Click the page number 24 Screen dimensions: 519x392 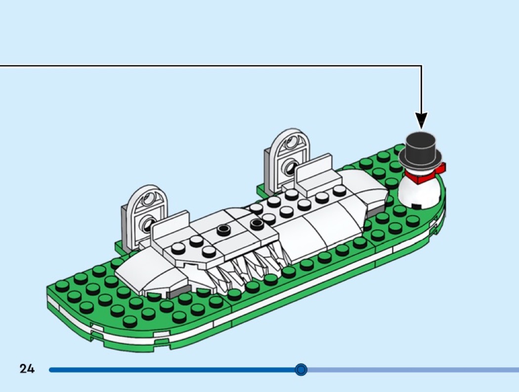tap(27, 369)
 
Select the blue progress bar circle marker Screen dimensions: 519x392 tap(301, 369)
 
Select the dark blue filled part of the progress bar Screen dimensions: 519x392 tap(172, 369)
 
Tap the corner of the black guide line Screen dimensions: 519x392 tap(421, 66)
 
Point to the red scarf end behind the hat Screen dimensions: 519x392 tap(441, 167)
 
